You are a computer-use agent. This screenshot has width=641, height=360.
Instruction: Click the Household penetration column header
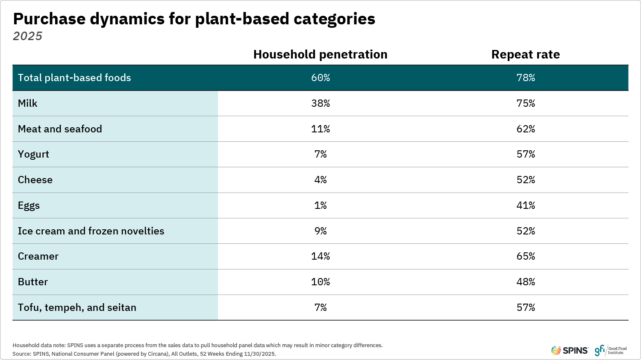[320, 55]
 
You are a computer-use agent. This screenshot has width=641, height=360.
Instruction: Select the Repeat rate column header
[525, 55]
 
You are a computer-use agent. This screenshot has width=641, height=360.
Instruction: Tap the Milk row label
[28, 103]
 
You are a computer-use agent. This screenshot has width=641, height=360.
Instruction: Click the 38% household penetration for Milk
[320, 103]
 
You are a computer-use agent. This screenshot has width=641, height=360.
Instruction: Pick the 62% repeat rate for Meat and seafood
[525, 129]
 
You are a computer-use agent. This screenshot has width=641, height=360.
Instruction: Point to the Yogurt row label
[33, 155]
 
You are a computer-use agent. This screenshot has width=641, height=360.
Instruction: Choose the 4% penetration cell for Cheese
[320, 180]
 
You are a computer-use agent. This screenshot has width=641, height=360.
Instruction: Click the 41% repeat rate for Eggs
[525, 205]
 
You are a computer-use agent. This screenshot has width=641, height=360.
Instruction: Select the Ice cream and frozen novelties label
[91, 231]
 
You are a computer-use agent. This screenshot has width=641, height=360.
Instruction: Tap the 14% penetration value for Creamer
[320, 256]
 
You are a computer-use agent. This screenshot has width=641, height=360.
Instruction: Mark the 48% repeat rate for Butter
[525, 282]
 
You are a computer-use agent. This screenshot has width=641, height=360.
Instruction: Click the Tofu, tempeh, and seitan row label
[77, 307]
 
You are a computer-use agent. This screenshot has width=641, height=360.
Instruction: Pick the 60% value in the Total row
[320, 78]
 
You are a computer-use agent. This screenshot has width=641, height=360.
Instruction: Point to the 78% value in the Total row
[525, 78]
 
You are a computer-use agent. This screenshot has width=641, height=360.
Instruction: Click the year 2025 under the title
[28, 36]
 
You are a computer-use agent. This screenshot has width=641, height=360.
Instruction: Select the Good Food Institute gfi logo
[610, 351]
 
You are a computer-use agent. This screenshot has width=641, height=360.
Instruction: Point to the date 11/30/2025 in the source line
[259, 354]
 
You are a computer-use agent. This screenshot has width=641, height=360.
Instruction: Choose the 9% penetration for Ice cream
[320, 231]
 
